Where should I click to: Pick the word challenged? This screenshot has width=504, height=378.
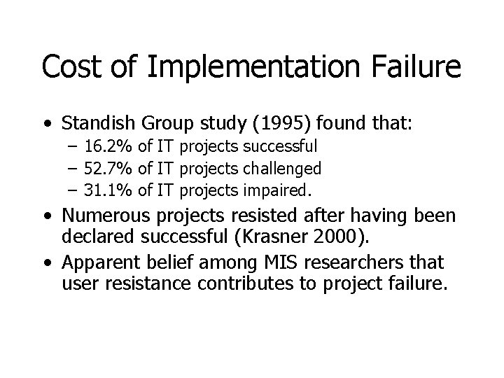click(287, 168)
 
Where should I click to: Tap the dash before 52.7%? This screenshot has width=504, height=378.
click(73, 169)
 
